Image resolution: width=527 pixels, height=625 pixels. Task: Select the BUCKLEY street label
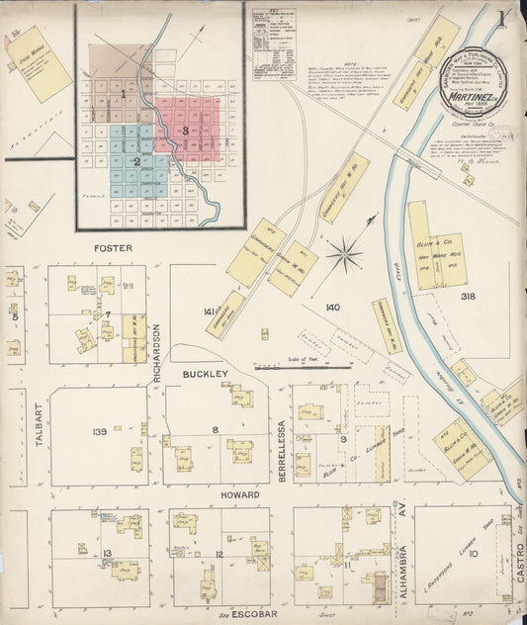click(x=205, y=374)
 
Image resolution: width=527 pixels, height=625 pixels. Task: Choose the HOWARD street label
click(x=240, y=494)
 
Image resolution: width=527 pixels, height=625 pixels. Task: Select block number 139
click(x=99, y=432)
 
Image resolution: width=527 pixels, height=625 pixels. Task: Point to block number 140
click(x=332, y=308)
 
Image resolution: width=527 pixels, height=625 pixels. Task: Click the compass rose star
click(x=345, y=254)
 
